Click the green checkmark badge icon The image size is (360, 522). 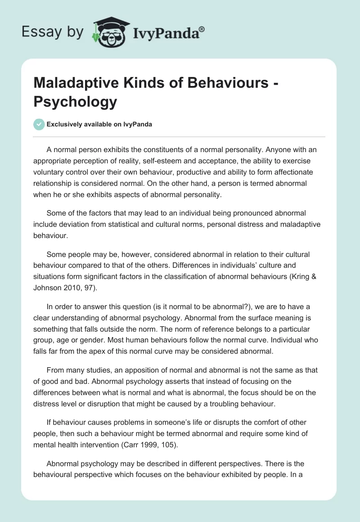39,124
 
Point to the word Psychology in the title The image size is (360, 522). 75,102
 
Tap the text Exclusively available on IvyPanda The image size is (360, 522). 99,125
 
